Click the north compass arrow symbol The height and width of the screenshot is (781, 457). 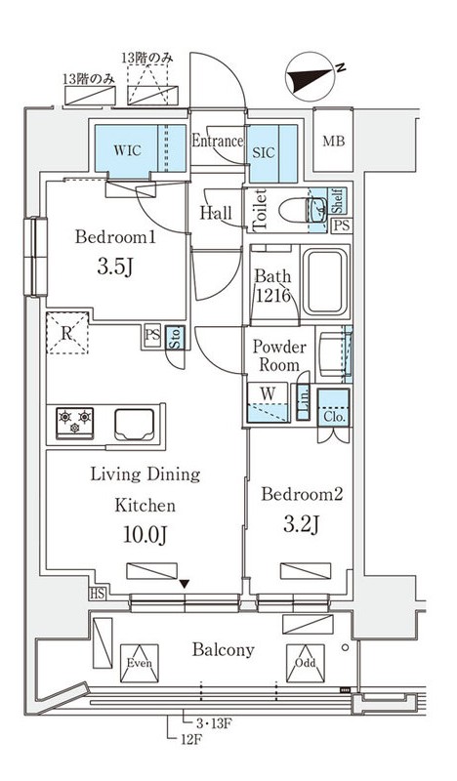click(x=310, y=76)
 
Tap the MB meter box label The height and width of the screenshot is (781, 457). click(x=333, y=142)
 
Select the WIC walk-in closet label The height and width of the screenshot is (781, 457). click(x=127, y=150)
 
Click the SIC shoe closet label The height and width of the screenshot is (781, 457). click(x=263, y=152)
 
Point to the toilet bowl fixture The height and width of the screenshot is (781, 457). click(x=303, y=211)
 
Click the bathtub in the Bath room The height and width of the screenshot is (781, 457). click(x=325, y=282)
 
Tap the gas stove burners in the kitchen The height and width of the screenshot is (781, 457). click(x=75, y=423)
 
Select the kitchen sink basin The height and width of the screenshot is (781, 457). click(x=134, y=424)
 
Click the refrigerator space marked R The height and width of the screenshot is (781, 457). click(x=67, y=333)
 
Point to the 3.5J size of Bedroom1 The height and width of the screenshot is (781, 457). click(x=114, y=267)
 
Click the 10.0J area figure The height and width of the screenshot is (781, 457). click(x=145, y=535)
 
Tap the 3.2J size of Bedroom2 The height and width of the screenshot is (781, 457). click(x=301, y=524)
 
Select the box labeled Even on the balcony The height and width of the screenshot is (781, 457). click(x=140, y=663)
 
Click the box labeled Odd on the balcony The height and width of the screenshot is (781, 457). click(x=305, y=663)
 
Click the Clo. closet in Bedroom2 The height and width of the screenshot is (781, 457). click(x=334, y=408)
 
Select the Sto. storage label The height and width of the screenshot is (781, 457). click(x=176, y=338)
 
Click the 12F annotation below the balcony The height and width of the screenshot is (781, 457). click(x=191, y=740)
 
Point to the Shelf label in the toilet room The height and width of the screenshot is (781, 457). click(x=337, y=200)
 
